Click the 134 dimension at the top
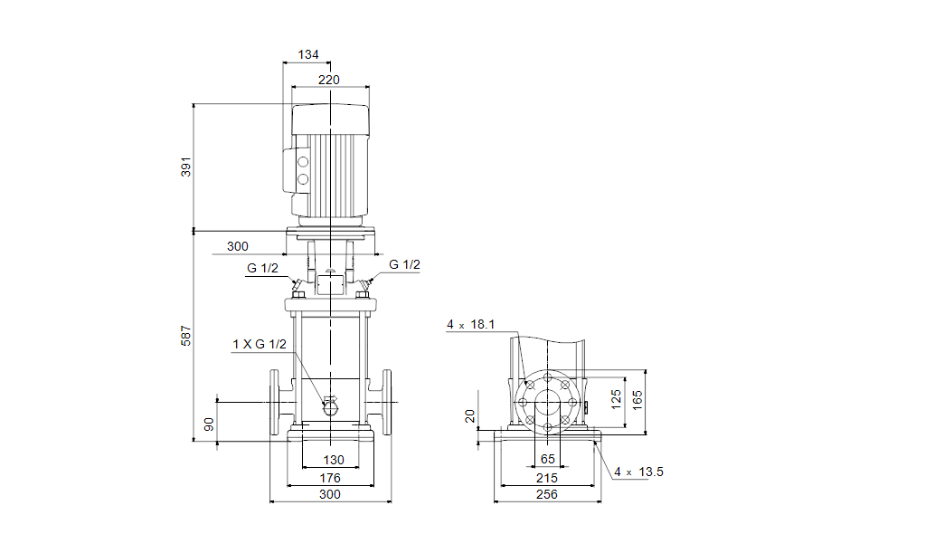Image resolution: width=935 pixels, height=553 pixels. point(308,55)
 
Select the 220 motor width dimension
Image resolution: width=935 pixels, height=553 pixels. point(328,80)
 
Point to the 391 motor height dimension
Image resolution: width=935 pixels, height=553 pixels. point(186,167)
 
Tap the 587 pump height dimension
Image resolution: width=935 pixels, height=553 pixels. point(186,335)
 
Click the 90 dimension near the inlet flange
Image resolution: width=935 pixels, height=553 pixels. point(209,424)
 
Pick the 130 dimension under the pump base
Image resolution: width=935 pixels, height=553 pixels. point(334,460)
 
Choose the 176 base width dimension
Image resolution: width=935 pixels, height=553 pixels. point(330,478)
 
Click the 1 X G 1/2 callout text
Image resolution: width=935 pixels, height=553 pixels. point(260,344)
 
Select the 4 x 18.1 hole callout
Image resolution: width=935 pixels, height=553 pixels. point(470,325)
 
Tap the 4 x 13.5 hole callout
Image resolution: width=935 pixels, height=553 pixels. point(638,472)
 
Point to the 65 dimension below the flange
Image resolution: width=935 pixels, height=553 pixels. point(547,459)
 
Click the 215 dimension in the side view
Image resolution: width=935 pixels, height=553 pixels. point(546,478)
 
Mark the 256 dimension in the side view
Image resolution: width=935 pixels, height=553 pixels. point(546,494)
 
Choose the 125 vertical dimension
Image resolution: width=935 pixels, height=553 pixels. point(616,400)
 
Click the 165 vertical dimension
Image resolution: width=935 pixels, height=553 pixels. point(637,400)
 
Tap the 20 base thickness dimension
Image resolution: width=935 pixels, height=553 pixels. point(470,415)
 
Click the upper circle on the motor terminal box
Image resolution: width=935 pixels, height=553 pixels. point(303,162)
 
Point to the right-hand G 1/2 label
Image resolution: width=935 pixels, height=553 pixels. point(404,264)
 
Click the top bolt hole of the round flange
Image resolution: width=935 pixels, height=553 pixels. point(547,377)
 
